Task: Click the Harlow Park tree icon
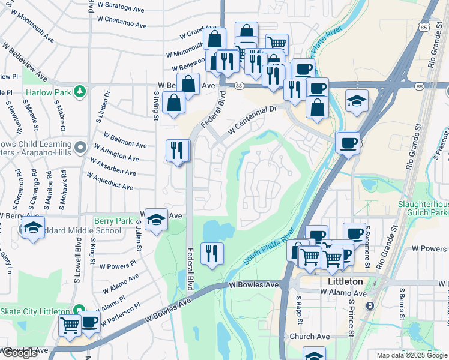click(79, 92)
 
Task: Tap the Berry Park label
click(113, 221)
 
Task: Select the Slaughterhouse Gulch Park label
click(423, 208)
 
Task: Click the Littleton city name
click(345, 281)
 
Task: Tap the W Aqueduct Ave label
click(110, 182)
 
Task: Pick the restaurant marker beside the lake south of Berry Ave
click(211, 252)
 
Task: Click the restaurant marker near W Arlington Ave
click(177, 149)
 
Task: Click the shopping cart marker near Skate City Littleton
click(70, 325)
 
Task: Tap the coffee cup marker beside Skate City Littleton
click(89, 322)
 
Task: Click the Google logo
click(20, 353)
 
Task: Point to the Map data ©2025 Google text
click(411, 355)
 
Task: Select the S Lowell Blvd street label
click(77, 260)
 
